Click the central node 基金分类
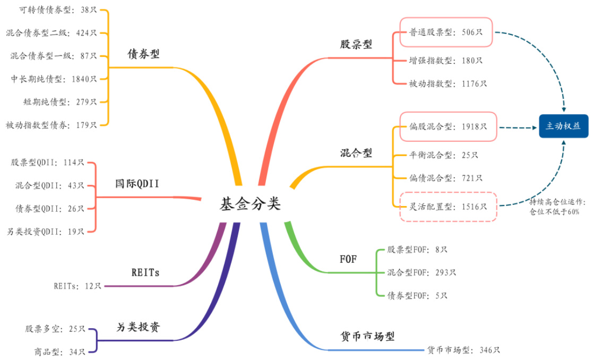(x=250, y=204)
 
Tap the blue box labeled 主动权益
(x=563, y=126)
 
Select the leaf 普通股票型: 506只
(x=446, y=32)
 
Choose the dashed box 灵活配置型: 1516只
(x=448, y=207)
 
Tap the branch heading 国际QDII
(x=137, y=184)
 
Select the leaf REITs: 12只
(x=77, y=286)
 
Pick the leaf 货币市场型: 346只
(x=463, y=350)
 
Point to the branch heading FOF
(x=348, y=260)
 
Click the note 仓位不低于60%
(x=555, y=211)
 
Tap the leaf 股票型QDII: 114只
(x=48, y=162)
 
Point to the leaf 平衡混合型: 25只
(x=444, y=155)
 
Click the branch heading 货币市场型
(x=367, y=336)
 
